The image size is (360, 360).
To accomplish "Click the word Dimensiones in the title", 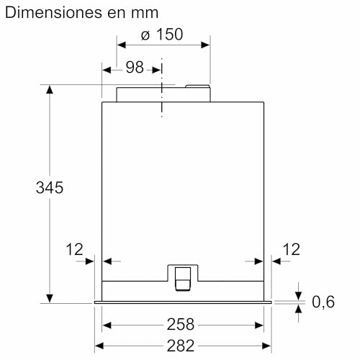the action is coord(53,12).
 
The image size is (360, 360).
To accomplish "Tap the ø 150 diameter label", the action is coord(162,35).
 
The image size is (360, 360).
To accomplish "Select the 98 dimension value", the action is coord(135,68).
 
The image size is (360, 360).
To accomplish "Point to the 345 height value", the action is coord(50,187).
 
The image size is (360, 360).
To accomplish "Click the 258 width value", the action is coord(181,325).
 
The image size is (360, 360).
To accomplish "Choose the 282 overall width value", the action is coord(181,346).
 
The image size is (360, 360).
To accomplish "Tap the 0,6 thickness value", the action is coord(323,302).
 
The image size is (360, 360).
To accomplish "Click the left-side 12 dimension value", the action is coord(74,249).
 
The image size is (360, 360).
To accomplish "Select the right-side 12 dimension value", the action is coord(292,249).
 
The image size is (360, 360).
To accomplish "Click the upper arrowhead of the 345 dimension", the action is coord(50,89).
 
